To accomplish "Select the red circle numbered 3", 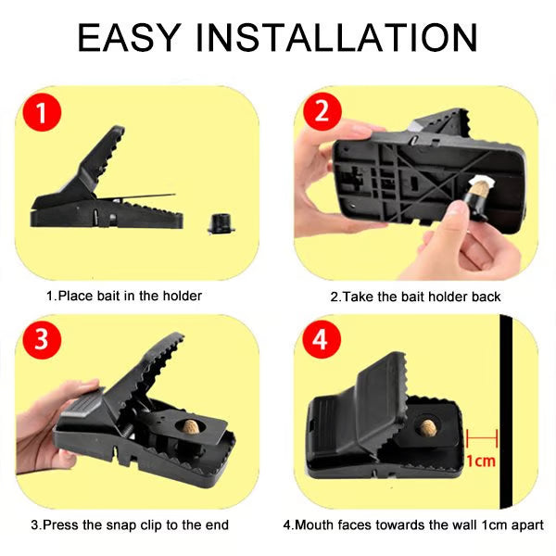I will tap(41, 340).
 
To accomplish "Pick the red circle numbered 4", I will tap(321, 340).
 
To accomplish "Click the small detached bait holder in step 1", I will tap(221, 222).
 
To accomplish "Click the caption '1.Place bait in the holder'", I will tap(124, 297).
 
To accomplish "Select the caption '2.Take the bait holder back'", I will tap(415, 297).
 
